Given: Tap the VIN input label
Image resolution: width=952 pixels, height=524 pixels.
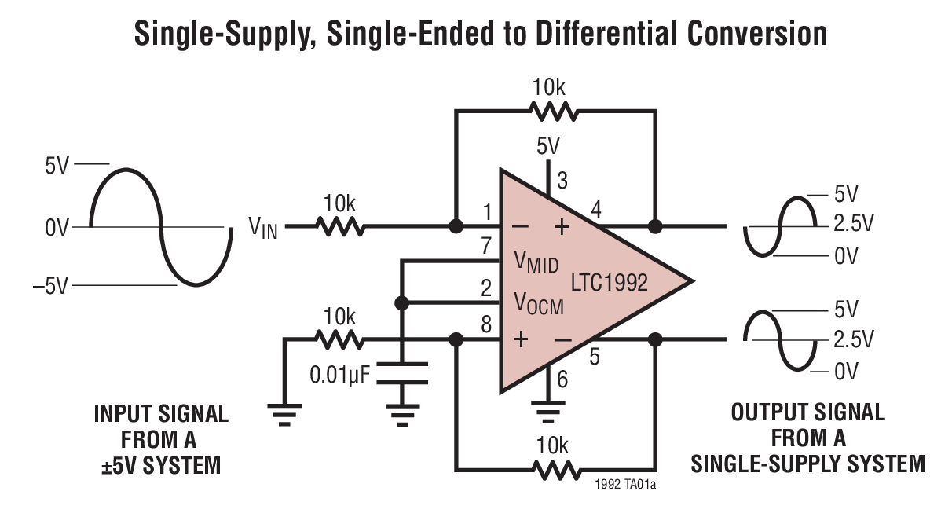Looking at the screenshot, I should pyautogui.click(x=264, y=228).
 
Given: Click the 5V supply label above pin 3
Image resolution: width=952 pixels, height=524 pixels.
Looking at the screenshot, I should pyautogui.click(x=548, y=147).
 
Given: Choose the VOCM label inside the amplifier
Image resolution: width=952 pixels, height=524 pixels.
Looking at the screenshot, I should pyautogui.click(x=539, y=302).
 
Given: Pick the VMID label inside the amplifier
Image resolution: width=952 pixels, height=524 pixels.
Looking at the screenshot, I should pyautogui.click(x=536, y=262).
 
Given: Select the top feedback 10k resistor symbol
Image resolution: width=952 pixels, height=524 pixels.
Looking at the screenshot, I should pyautogui.click(x=555, y=112).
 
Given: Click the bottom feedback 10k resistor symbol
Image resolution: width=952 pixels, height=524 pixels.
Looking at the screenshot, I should pyautogui.click(x=555, y=470).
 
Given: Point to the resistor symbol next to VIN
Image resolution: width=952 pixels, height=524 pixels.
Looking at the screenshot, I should pyautogui.click(x=340, y=227).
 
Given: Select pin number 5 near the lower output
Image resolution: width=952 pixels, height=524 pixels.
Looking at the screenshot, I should pyautogui.click(x=594, y=357).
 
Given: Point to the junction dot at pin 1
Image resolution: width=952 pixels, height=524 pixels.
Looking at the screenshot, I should pyautogui.click(x=455, y=227).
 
